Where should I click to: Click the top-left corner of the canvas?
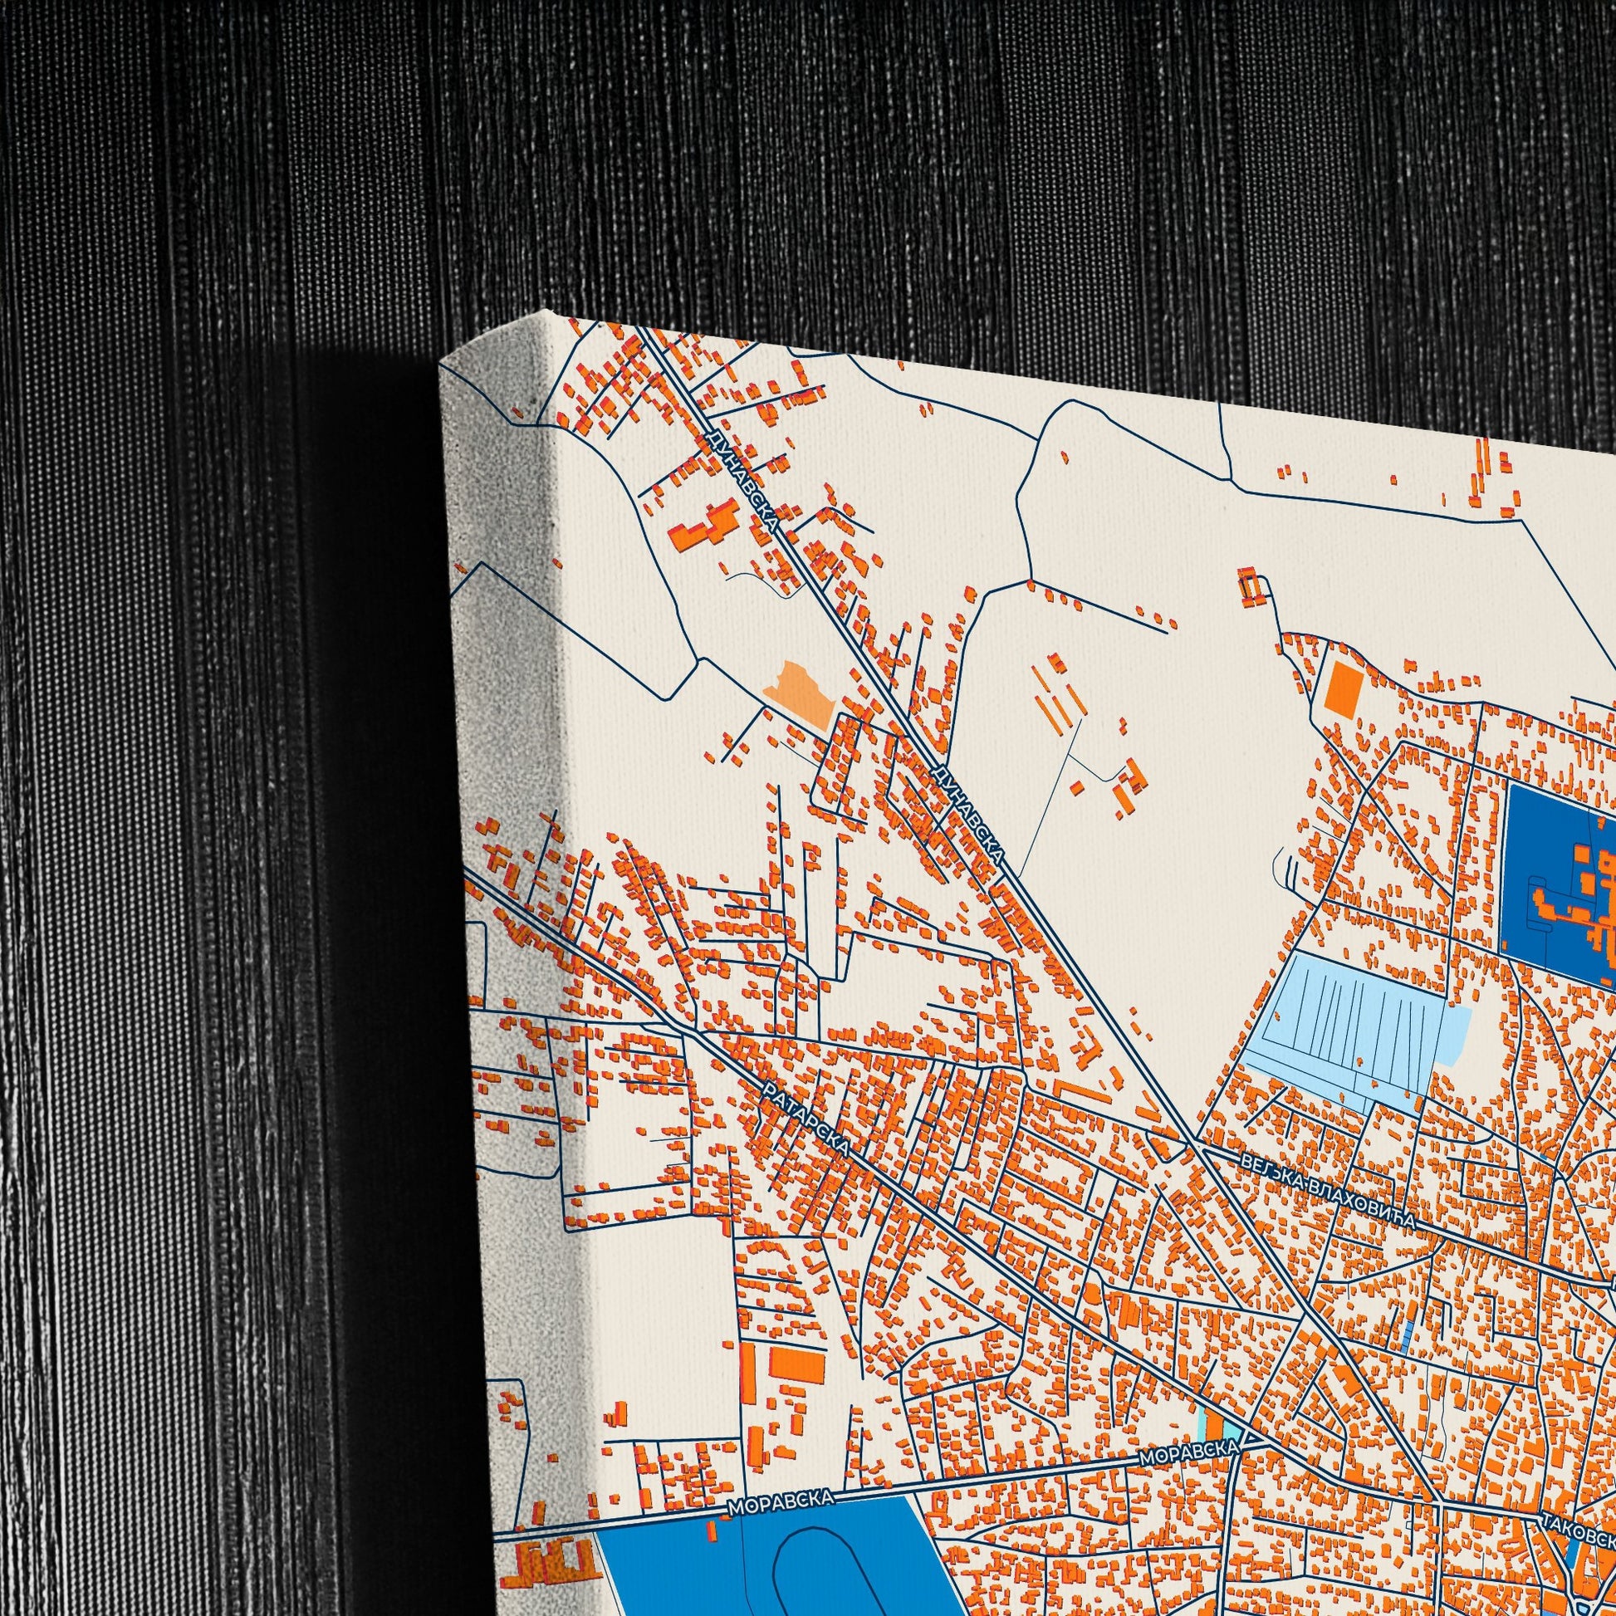[442, 361]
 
